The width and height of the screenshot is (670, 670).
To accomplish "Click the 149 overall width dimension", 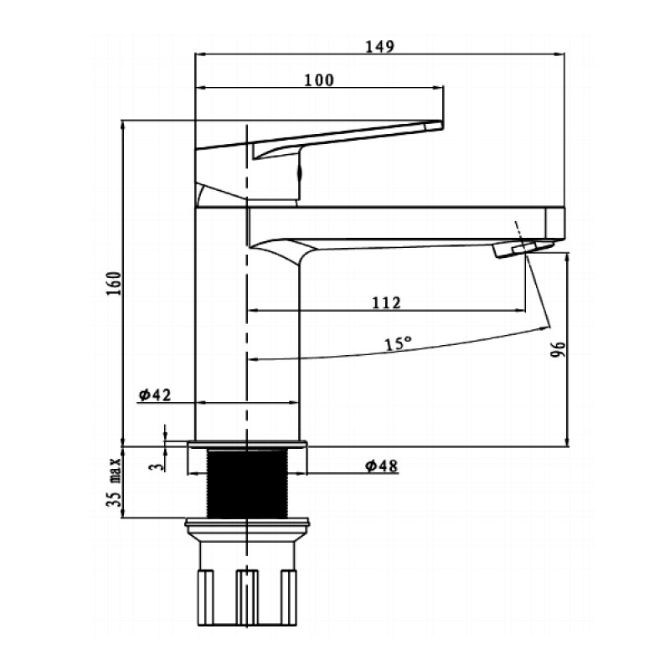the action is [380, 46].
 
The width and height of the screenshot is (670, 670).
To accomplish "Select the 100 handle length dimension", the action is [319, 80].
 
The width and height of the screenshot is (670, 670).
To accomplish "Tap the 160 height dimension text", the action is [114, 283].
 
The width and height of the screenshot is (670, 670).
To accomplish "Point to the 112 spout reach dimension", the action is [386, 302].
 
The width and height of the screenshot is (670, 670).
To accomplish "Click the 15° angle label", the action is [398, 343].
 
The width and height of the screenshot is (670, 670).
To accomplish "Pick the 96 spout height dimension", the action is [558, 349].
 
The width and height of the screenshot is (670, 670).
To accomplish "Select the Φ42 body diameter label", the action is [155, 394].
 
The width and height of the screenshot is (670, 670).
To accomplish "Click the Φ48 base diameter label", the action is [381, 466].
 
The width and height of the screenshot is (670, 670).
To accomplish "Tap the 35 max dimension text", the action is [114, 482].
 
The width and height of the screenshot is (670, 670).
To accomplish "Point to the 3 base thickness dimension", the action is [157, 466].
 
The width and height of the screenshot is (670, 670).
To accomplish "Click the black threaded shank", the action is [247, 483].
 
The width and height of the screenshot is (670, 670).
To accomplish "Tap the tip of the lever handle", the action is [441, 125].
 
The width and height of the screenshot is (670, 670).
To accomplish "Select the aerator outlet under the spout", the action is [523, 249].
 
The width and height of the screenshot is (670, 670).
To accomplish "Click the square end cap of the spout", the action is [554, 223].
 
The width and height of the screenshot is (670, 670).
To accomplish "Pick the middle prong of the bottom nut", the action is [247, 597].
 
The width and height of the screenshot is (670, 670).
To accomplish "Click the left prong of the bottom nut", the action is [205, 597].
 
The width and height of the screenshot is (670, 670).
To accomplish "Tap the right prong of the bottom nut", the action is [289, 597].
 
